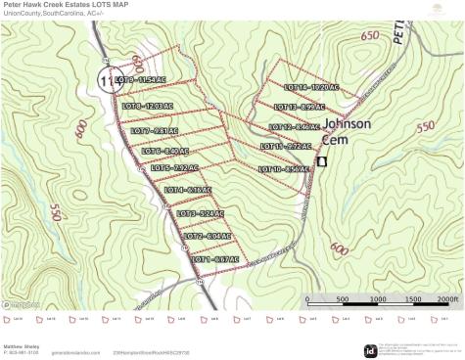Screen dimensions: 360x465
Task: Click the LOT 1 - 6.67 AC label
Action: coord(214,259)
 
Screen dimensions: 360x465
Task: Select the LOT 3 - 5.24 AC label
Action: coord(201,213)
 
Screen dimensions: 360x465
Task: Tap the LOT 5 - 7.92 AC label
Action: coord(175,167)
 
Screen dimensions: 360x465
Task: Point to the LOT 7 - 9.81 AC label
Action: coord(155,130)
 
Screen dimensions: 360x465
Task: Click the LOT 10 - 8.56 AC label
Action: coord(284,169)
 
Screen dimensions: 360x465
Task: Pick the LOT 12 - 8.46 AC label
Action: coord(294,127)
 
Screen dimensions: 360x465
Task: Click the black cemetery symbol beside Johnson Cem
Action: coord(321,161)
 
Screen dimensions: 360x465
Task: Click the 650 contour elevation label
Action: coord(369,36)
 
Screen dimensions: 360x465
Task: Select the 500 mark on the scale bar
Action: coord(343,299)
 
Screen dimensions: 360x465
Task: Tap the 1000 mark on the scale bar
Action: coord(379,299)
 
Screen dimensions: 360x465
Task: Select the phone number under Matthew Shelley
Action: coord(22,352)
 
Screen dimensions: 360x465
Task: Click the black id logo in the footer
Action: coord(370,350)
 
